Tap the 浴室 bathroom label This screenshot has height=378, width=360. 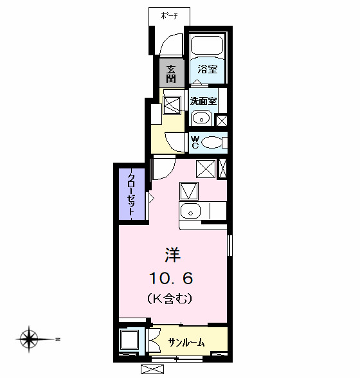207,69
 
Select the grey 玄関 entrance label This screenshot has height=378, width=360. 171,74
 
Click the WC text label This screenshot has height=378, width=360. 195,142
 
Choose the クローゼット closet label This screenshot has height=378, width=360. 131,194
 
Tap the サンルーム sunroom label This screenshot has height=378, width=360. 186,342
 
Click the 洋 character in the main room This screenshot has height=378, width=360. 172,255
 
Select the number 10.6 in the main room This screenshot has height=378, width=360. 172,278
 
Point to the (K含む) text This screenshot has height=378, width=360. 170,298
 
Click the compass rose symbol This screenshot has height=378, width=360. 29,337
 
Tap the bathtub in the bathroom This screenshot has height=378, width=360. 207,46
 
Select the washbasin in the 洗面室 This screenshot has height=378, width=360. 201,118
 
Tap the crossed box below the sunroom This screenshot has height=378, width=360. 152,370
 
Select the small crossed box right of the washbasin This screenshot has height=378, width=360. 221,120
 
